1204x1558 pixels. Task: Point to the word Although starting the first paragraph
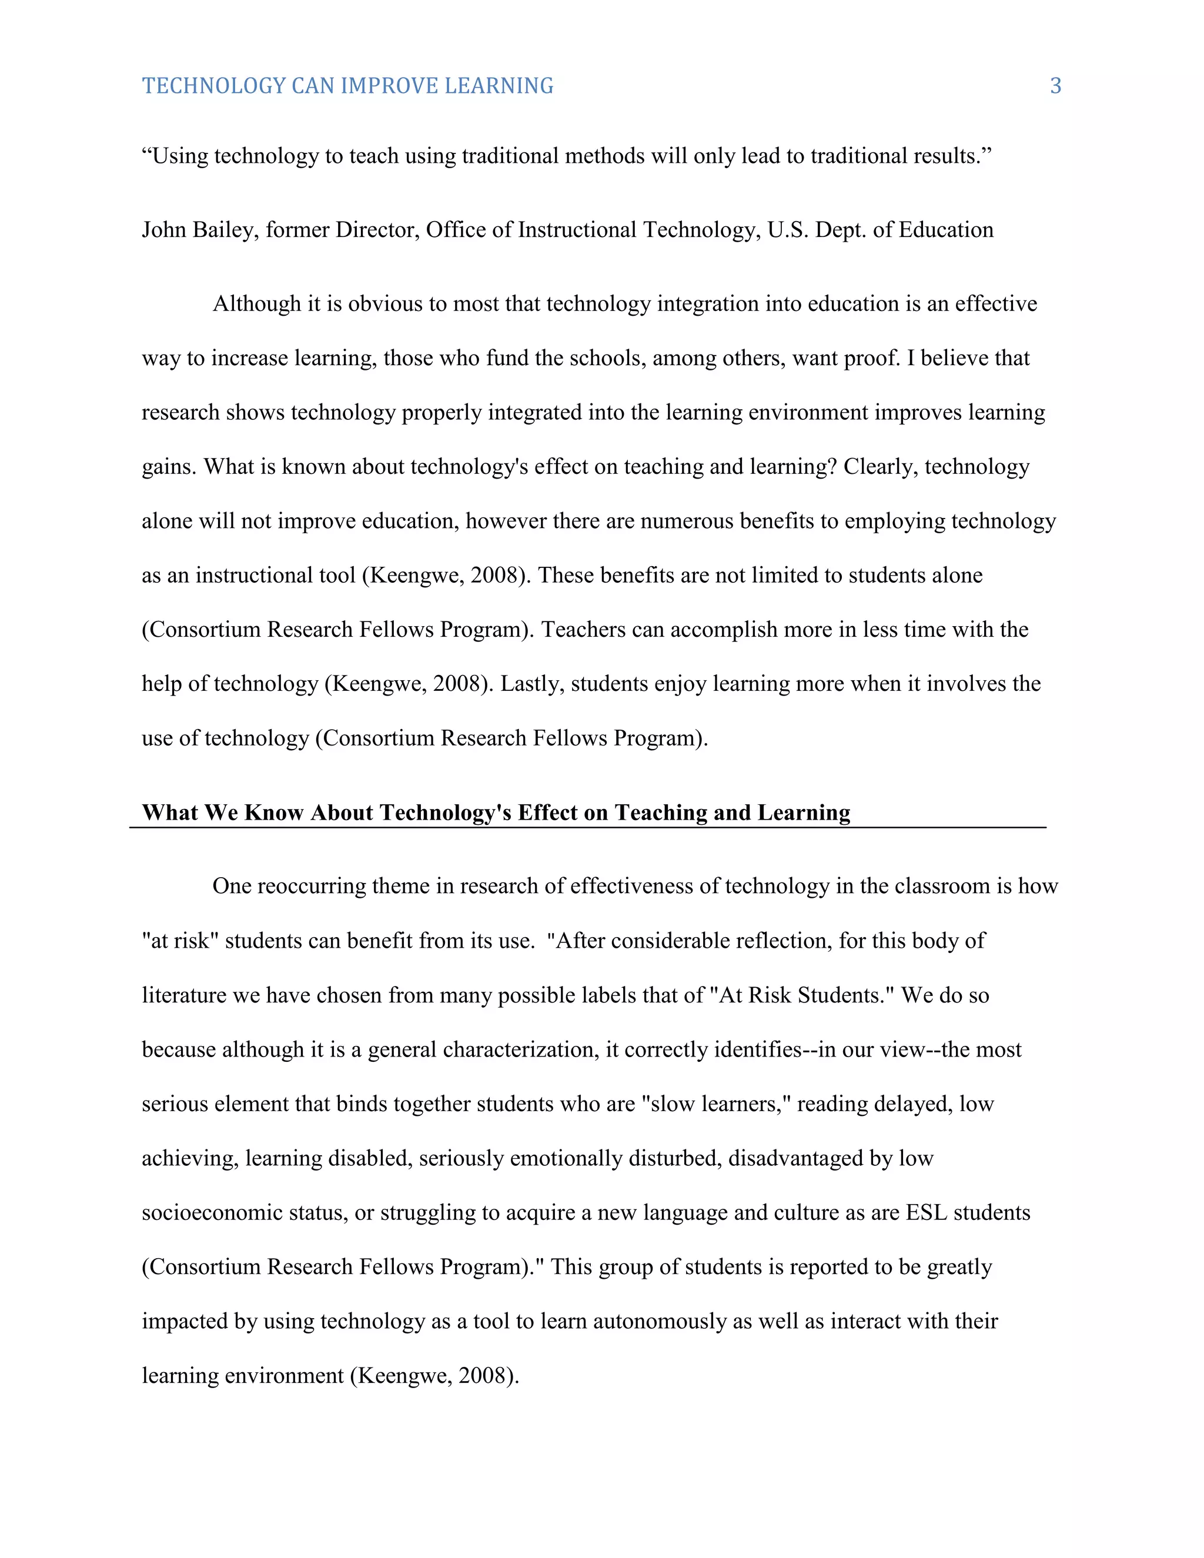pos(257,305)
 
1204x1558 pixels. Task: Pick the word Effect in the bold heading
pos(550,813)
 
